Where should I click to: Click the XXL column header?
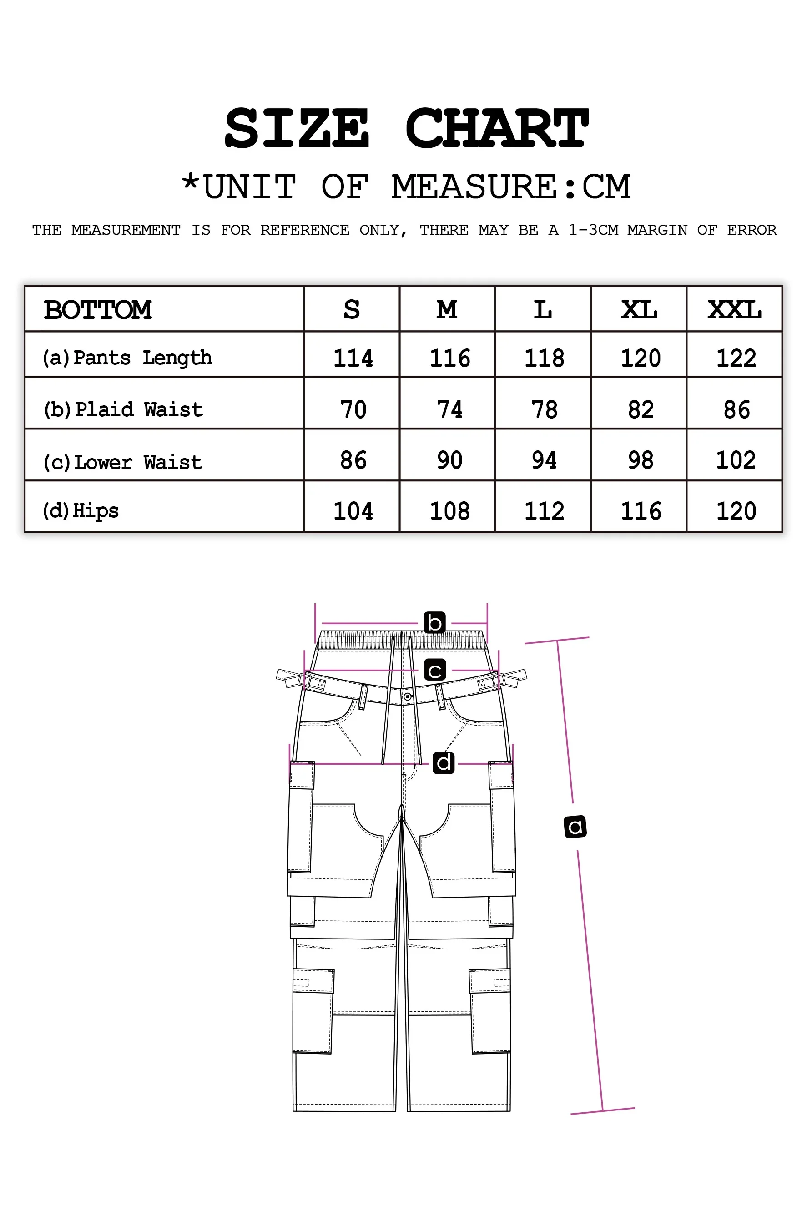(734, 309)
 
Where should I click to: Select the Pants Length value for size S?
(353, 358)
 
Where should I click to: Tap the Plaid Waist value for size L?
(544, 409)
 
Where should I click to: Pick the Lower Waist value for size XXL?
(736, 459)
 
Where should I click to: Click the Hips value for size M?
(449, 510)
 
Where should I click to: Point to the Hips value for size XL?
(641, 510)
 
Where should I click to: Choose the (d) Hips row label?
(81, 510)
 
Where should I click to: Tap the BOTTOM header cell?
(98, 310)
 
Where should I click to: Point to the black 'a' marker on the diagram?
(575, 827)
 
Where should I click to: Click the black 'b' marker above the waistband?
(434, 622)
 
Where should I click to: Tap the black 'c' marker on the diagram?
(435, 670)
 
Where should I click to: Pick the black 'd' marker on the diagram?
(443, 763)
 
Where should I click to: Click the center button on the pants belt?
(407, 697)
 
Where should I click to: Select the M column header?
(447, 309)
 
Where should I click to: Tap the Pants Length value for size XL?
(641, 358)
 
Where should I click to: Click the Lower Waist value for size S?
(353, 459)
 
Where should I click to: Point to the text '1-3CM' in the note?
(593, 230)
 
